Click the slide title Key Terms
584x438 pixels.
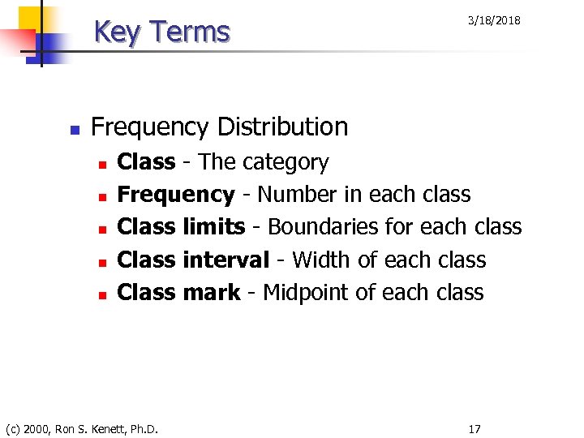coord(162,32)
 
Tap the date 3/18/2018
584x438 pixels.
coord(494,20)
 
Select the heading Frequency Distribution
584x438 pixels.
coord(220,127)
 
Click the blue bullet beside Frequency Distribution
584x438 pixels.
coord(73,129)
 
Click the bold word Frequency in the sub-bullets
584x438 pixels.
coord(176,195)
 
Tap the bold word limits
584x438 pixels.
coord(214,227)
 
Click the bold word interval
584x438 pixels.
coord(225,260)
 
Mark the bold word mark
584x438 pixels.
coord(212,292)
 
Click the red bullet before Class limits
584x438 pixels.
coord(101,230)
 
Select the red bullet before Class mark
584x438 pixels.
coord(101,294)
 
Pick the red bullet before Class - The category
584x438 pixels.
coord(101,165)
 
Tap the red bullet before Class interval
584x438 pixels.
coord(101,262)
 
